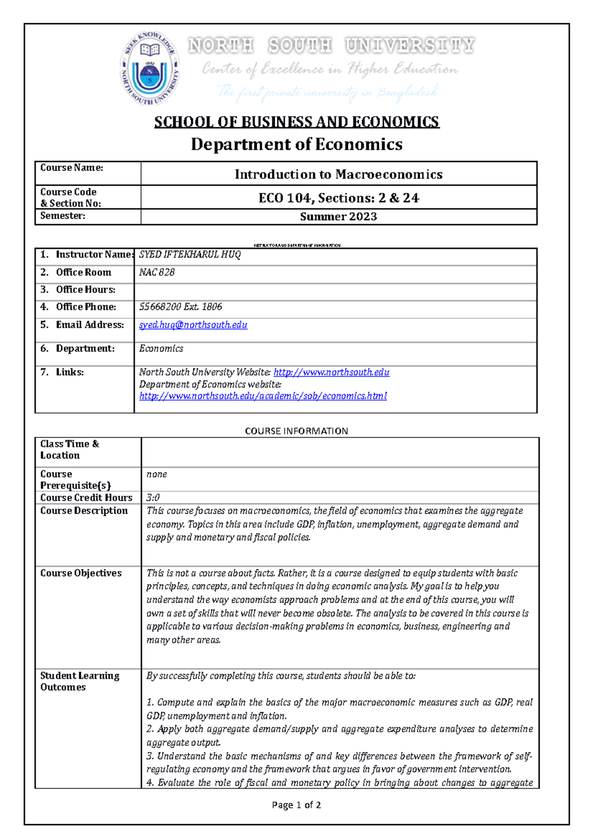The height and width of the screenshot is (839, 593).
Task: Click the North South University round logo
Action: [x=150, y=68]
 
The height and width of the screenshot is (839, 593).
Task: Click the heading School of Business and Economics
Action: [x=296, y=122]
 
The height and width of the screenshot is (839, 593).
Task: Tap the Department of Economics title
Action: [x=296, y=144]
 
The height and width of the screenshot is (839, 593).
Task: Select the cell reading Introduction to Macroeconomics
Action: [x=339, y=174]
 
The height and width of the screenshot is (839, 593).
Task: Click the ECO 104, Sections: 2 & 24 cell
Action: [x=339, y=198]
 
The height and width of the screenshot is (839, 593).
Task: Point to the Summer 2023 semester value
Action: [x=339, y=217]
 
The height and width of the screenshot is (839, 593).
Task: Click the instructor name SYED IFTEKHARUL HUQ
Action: [x=190, y=254]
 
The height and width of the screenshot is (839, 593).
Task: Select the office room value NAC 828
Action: [x=157, y=272]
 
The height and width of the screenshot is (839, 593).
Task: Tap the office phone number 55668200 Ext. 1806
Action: [x=180, y=307]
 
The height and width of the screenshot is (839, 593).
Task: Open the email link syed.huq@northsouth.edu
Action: [x=193, y=325]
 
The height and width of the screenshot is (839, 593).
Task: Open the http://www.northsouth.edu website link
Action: [x=331, y=373]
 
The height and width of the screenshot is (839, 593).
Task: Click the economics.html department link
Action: [x=263, y=396]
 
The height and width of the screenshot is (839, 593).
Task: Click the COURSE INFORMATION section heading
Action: [x=296, y=431]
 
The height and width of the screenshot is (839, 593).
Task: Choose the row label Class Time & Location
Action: [x=69, y=450]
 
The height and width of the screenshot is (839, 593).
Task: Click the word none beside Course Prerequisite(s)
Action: [x=157, y=474]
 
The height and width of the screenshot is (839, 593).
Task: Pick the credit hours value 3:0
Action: [x=153, y=498]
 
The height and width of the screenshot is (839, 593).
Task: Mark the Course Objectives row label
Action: [x=81, y=573]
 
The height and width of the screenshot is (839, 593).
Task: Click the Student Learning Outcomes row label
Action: [x=79, y=681]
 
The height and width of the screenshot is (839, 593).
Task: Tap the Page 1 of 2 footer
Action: [x=296, y=805]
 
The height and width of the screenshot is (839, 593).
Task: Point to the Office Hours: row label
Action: [x=85, y=290]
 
